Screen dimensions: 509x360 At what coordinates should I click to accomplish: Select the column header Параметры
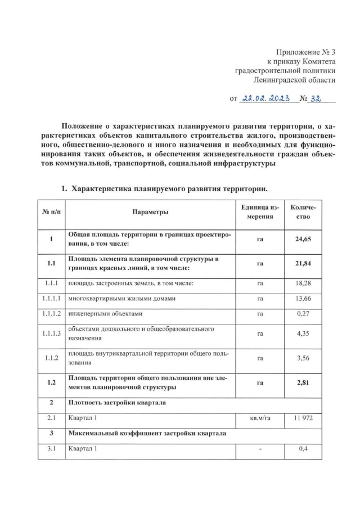coord(150,212)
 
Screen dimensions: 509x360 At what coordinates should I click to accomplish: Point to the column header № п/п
coord(51,212)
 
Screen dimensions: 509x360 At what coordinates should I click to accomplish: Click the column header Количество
coord(303,212)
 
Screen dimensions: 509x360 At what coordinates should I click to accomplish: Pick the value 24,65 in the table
coord(303,239)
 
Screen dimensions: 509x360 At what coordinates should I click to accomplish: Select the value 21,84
coord(303,263)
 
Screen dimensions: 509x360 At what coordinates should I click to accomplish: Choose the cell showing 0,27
coord(303,313)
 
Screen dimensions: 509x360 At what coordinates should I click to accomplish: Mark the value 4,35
coord(303,334)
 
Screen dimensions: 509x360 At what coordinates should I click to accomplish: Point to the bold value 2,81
coord(303,382)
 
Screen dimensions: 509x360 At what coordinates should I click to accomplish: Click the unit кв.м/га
coord(260,418)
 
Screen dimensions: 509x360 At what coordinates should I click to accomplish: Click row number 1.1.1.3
coord(51,334)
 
